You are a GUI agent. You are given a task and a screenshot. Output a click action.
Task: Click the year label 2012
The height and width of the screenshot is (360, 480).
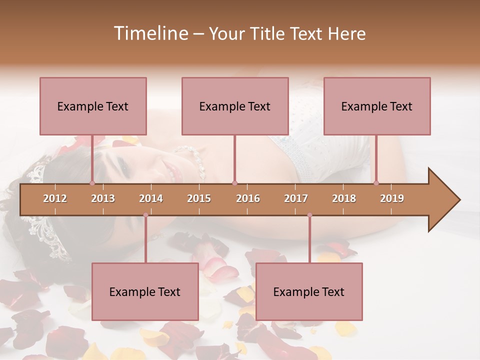click(x=55, y=198)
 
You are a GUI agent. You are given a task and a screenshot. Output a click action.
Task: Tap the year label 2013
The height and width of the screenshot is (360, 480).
click(x=103, y=198)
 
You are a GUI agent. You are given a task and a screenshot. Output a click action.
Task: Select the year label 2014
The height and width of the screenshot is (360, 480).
click(x=151, y=198)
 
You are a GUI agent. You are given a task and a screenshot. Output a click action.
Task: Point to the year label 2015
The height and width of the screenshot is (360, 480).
click(x=199, y=198)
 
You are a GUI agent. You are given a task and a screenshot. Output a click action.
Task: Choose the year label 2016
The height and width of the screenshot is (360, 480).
click(x=248, y=198)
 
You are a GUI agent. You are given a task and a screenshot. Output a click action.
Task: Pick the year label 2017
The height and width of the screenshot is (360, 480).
click(x=296, y=198)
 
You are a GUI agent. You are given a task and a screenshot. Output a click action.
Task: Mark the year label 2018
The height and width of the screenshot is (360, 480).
click(x=344, y=198)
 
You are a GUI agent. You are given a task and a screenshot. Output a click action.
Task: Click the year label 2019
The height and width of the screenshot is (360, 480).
click(x=392, y=198)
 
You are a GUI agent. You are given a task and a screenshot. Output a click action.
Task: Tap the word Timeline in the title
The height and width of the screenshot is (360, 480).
click(x=150, y=33)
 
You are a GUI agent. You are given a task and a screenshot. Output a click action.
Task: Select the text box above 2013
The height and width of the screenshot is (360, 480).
click(x=93, y=106)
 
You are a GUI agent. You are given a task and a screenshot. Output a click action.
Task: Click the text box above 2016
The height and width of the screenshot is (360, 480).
click(x=235, y=106)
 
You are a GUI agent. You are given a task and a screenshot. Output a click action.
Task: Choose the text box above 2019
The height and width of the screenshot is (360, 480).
click(x=377, y=106)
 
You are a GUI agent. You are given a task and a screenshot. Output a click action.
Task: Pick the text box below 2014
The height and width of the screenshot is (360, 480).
click(x=145, y=291)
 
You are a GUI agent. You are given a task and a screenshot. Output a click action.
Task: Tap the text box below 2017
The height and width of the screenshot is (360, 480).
click(x=309, y=291)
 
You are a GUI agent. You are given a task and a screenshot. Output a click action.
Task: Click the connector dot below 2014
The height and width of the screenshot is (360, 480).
click(x=145, y=215)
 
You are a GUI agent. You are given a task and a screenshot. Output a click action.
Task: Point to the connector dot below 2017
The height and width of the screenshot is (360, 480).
click(x=309, y=215)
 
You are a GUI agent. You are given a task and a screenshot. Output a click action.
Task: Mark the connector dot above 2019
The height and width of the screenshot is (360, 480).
click(x=376, y=183)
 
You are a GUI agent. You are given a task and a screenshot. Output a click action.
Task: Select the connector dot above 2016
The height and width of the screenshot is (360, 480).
click(x=234, y=183)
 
